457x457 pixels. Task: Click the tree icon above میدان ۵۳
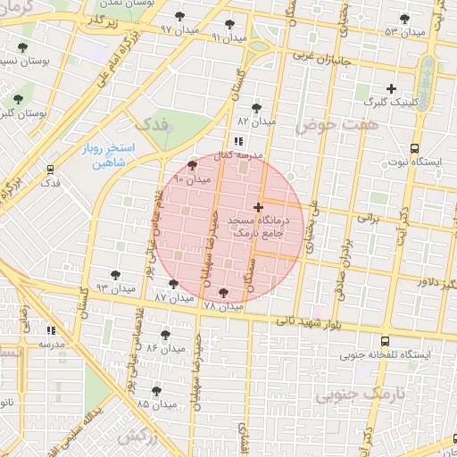tap(404, 19)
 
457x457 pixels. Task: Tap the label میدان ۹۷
tap(178, 29)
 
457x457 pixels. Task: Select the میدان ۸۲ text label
tap(257, 120)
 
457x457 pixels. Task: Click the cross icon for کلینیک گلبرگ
tap(391, 87)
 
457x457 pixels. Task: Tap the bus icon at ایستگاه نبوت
tap(414, 148)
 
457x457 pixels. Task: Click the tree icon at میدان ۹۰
tap(193, 166)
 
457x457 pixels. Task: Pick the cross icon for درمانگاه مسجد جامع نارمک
tap(258, 207)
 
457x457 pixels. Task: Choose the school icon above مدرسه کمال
tap(237, 141)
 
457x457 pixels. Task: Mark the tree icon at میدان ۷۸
tap(222, 293)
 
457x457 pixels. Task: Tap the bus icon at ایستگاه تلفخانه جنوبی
tap(385, 341)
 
